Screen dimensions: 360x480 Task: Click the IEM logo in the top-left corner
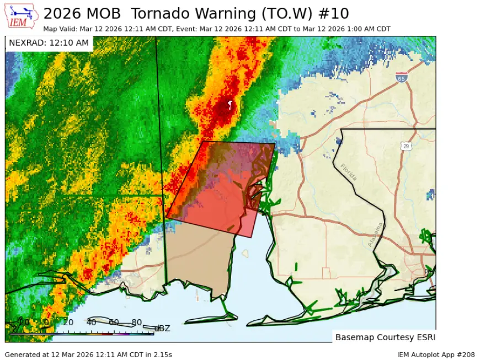coord(22,15)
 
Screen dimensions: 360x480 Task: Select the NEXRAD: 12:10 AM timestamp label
coord(49,43)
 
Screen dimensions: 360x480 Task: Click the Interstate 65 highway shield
coord(402,78)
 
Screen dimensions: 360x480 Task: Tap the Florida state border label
coord(349,172)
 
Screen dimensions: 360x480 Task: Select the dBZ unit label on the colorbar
coord(162,329)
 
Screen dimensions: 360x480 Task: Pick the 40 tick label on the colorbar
coord(91,323)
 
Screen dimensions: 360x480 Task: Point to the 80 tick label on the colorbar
coord(136,323)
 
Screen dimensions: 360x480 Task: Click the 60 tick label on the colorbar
coord(114,323)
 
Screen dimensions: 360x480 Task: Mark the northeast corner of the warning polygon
coord(275,144)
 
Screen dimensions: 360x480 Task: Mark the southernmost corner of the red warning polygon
coord(252,237)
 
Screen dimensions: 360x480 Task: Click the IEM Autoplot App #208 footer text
coord(435,354)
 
